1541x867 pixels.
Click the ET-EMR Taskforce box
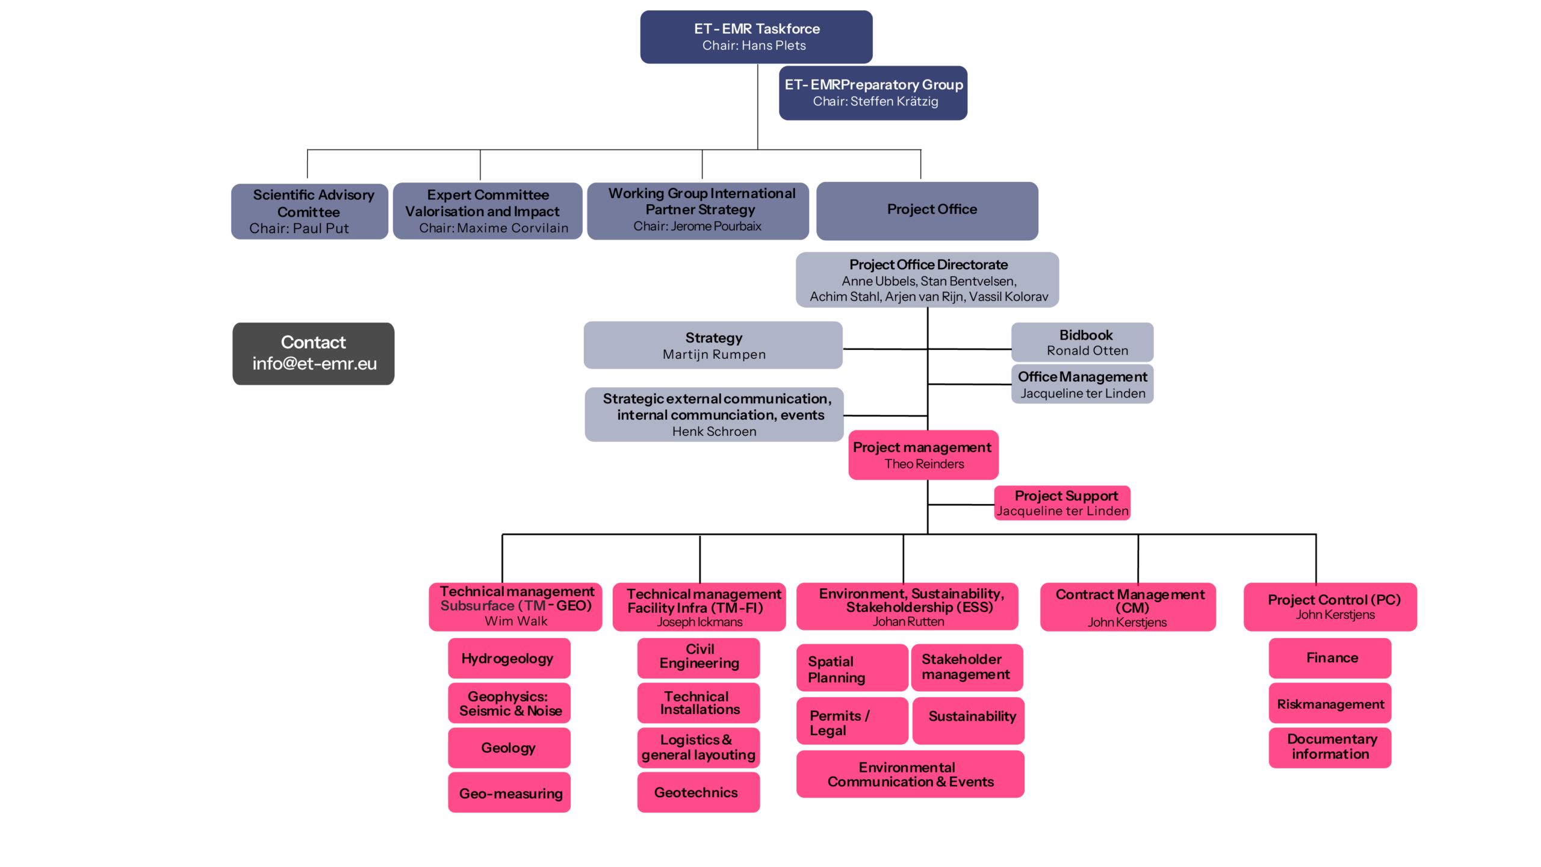point(756,37)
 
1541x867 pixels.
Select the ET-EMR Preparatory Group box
point(873,93)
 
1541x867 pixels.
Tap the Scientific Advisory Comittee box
point(309,211)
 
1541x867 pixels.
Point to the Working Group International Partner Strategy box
point(698,211)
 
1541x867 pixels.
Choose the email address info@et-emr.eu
point(314,364)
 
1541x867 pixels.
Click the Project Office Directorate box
point(927,280)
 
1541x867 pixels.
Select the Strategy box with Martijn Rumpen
point(713,345)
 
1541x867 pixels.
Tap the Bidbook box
point(1082,342)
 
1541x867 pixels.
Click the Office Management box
point(1082,384)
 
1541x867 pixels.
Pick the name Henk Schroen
point(714,432)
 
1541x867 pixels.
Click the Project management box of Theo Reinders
point(923,455)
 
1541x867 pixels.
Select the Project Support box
point(1062,503)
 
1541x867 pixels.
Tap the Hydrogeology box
point(509,658)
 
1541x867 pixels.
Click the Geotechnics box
point(698,792)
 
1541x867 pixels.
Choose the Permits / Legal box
point(852,721)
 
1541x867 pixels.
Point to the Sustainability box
point(968,721)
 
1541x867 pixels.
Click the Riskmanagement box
point(1330,703)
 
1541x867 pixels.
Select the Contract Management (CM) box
point(1127,607)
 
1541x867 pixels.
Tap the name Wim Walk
point(516,621)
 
